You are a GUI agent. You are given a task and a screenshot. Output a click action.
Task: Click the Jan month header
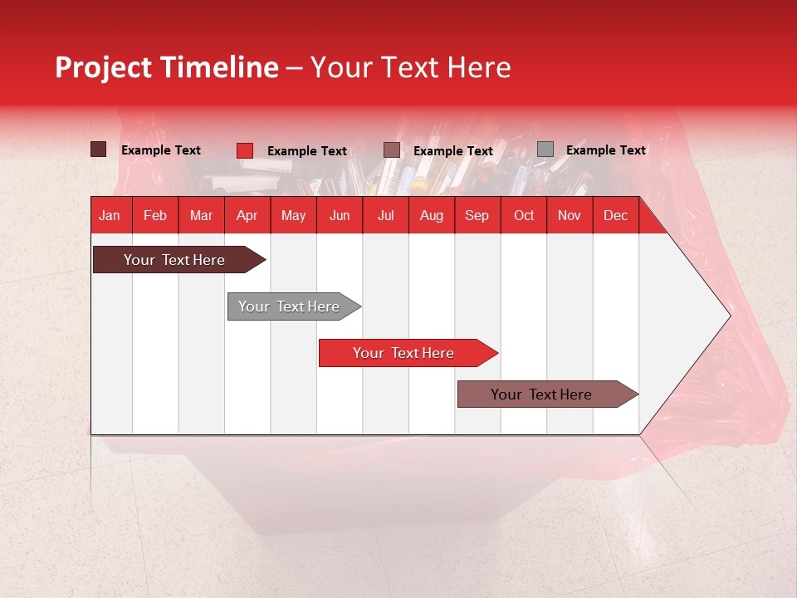tap(110, 215)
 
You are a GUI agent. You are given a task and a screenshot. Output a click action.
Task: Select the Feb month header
tap(155, 215)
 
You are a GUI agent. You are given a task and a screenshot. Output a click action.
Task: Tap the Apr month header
tap(247, 215)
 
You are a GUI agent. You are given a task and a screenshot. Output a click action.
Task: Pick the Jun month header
tap(340, 215)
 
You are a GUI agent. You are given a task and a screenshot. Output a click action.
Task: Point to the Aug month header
tap(431, 215)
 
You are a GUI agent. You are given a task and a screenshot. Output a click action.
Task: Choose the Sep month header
tap(477, 215)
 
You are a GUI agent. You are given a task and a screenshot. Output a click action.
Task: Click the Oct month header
tap(524, 215)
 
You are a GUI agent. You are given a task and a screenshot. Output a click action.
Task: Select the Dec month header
tap(615, 215)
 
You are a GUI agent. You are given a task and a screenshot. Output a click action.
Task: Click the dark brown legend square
tap(99, 149)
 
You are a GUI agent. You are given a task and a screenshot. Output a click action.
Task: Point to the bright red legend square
tap(245, 150)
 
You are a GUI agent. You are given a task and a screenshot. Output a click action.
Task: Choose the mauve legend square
tap(392, 149)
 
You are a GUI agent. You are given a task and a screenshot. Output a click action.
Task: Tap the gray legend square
tap(545, 149)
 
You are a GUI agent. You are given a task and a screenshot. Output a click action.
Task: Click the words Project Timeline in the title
tap(166, 67)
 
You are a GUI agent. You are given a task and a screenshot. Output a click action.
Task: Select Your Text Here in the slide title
tap(410, 67)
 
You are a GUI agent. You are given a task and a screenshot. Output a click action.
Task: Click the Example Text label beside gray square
tap(605, 150)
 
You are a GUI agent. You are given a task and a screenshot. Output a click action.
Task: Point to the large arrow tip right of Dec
tap(714, 316)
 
